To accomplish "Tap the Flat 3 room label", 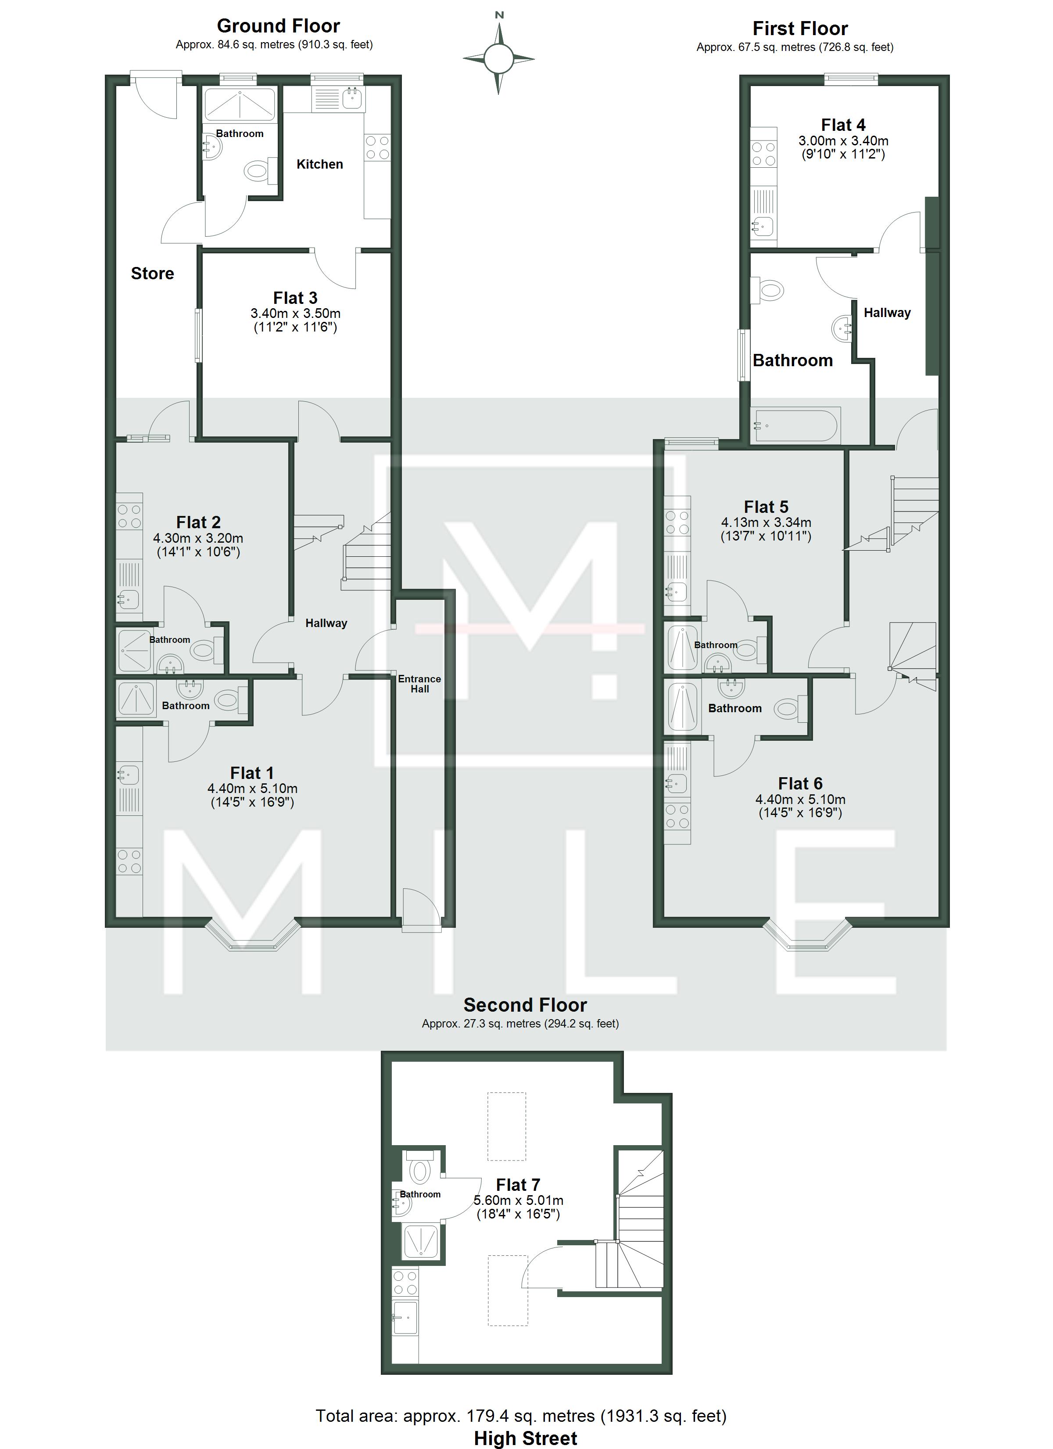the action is [295, 298].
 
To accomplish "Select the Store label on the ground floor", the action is [152, 274].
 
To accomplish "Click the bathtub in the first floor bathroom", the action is [795, 425].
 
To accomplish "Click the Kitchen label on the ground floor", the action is [319, 164].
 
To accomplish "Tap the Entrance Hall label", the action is [419, 684].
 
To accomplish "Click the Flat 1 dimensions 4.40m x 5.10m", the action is [252, 789].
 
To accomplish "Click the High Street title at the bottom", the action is [526, 1438].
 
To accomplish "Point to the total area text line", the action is [521, 1416].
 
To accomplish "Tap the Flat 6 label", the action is [800, 783].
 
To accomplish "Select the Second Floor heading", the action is [525, 1005].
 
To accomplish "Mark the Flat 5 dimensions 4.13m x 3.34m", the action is [766, 523].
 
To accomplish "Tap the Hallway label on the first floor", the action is [887, 313].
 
